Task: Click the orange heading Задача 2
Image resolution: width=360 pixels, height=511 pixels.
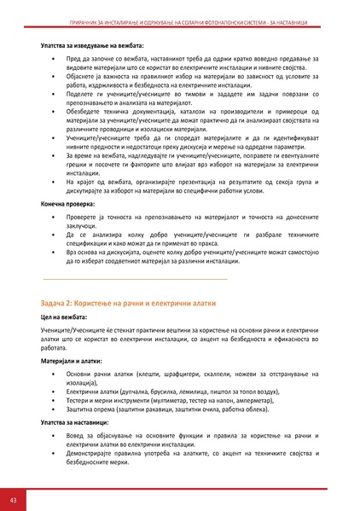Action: tap(128, 304)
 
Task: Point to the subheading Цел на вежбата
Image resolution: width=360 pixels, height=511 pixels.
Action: tap(64, 317)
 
